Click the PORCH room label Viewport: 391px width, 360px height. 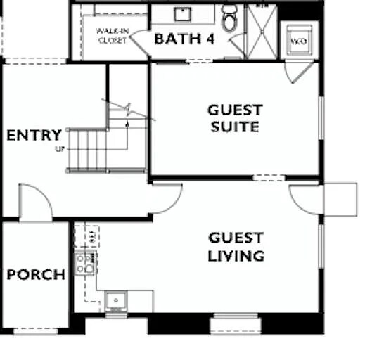click(36, 274)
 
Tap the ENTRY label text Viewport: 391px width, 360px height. click(34, 135)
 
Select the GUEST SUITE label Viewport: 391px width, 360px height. click(234, 118)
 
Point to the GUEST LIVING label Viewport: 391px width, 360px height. click(236, 247)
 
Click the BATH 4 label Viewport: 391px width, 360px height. click(184, 39)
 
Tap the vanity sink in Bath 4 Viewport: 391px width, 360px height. click(184, 14)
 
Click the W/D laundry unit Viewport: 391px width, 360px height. click(299, 41)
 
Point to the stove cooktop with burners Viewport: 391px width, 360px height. click(85, 263)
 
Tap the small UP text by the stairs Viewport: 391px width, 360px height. click(58, 149)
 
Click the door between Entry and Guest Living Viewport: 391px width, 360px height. click(167, 198)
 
